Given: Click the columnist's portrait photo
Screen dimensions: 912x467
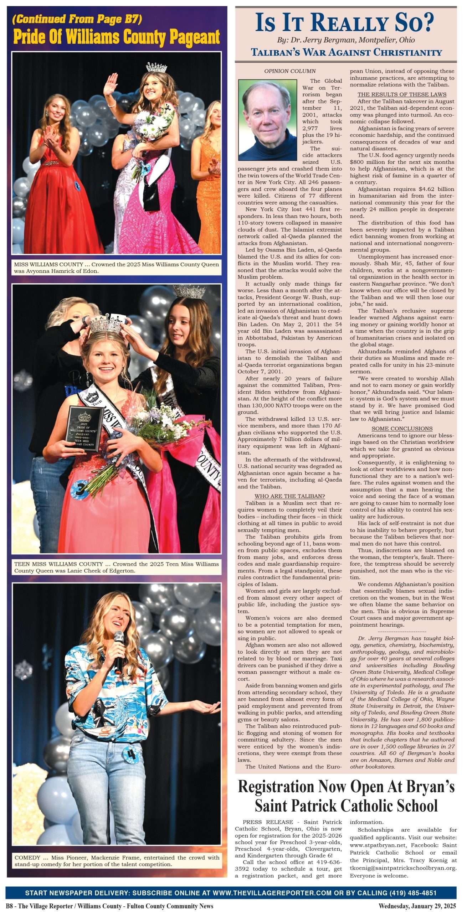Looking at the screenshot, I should click(x=267, y=120).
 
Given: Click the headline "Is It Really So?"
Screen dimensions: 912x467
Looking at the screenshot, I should click(x=345, y=22).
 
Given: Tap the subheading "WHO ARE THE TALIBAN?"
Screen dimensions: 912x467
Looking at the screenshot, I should click(x=289, y=496).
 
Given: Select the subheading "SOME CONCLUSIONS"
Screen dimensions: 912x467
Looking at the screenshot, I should click(x=402, y=429).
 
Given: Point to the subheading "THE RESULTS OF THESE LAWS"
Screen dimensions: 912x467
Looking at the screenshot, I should click(x=402, y=94).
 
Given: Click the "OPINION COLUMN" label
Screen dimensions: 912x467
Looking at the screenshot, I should click(x=290, y=71).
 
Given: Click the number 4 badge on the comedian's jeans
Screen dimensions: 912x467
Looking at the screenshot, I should click(x=131, y=755).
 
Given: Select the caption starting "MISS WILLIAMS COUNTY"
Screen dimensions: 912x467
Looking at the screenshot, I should click(x=116, y=268).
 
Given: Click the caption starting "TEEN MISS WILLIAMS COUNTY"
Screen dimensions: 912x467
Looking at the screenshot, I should click(x=116, y=567).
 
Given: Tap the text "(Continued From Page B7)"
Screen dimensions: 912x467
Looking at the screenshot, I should click(x=77, y=19).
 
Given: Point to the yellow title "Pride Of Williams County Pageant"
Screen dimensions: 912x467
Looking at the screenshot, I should click(x=116, y=37).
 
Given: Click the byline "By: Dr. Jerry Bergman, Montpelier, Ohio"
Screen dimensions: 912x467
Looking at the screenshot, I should click(x=345, y=40).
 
